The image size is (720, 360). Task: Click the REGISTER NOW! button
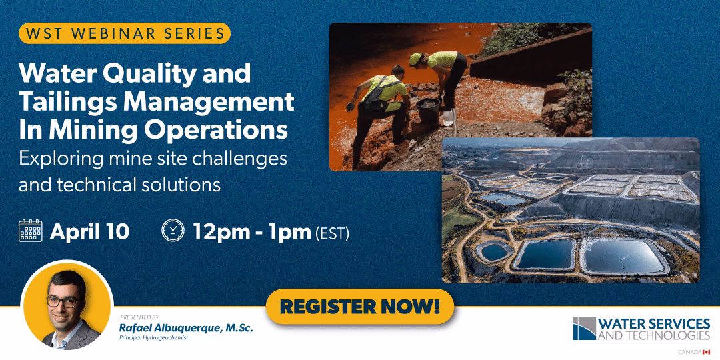click(359, 306)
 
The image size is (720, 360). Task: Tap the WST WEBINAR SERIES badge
click(125, 33)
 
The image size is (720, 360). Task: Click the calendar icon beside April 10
click(30, 231)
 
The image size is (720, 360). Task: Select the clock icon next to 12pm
click(173, 231)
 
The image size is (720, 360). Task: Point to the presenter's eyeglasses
click(63, 302)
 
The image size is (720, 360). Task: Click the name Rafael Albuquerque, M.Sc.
click(186, 328)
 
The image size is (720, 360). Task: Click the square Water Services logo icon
click(584, 328)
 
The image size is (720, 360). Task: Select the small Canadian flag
click(706, 352)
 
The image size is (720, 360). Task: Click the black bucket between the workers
click(428, 111)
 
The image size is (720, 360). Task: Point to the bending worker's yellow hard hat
click(415, 59)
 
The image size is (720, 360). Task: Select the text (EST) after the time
click(333, 233)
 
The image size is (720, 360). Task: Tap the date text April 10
click(89, 231)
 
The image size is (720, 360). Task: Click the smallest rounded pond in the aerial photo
click(493, 251)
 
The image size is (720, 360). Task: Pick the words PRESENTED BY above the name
click(139, 317)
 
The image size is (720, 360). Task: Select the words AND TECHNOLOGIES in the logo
click(654, 335)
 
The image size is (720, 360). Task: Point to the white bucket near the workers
click(448, 118)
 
